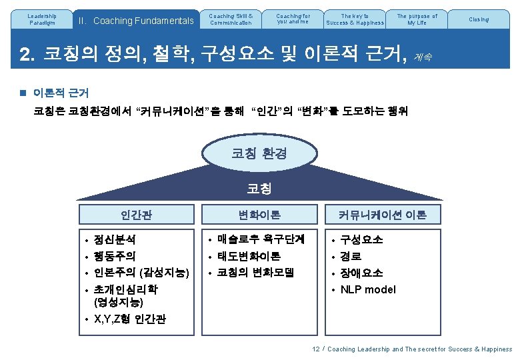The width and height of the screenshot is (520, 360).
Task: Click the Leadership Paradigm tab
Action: click(43, 19)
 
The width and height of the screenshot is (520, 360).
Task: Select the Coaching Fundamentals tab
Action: click(135, 20)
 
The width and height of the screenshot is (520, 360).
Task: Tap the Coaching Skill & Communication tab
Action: click(231, 19)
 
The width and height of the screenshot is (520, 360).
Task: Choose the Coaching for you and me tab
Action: click(293, 19)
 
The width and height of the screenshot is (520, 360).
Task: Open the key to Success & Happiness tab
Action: click(355, 19)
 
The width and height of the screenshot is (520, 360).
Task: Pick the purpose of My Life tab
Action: click(417, 19)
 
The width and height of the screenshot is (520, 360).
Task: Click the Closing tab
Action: click(479, 19)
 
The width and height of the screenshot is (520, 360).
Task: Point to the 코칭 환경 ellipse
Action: click(259, 153)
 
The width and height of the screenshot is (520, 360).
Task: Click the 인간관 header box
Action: click(136, 215)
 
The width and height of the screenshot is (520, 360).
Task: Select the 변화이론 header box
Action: click(259, 215)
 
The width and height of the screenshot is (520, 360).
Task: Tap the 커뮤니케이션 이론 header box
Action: click(383, 215)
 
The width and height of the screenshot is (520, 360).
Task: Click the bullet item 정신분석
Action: click(115, 239)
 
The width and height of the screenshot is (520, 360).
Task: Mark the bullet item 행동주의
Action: click(115, 256)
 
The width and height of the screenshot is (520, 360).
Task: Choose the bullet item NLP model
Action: click(367, 289)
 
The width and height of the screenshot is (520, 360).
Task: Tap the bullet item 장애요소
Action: click(361, 273)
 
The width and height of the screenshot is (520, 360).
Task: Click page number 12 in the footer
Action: click(316, 349)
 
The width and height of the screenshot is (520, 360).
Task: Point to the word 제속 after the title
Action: click(423, 57)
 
